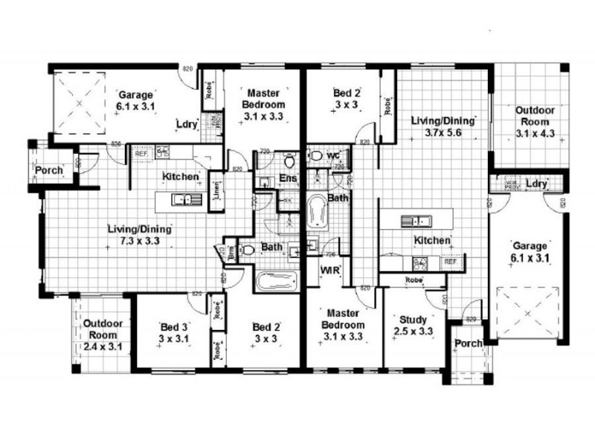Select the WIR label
coord(329,270)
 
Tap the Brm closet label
coord(231,252)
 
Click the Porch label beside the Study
coord(469,343)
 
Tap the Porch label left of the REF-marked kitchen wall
coord(48,171)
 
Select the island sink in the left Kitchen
coord(183,198)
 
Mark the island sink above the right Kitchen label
coord(416,221)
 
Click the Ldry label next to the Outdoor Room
coord(536,184)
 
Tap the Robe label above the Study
coord(414,280)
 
